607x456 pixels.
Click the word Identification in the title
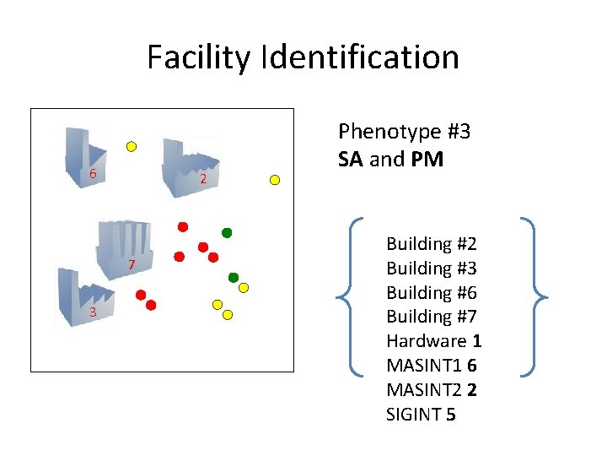[x=361, y=57]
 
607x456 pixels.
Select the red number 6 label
[x=94, y=174]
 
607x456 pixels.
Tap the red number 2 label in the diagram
[x=203, y=179]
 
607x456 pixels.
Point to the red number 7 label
[x=132, y=266]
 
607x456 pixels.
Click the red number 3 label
[x=93, y=312]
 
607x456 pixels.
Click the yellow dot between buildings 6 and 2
[x=132, y=146]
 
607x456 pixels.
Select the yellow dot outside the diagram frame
[x=274, y=179]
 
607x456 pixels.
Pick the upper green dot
[x=226, y=232]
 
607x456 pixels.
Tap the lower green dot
[x=234, y=277]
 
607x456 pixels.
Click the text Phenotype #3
[x=404, y=132]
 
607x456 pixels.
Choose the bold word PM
[x=427, y=159]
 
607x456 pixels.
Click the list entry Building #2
[x=432, y=244]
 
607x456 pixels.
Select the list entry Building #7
[x=432, y=317]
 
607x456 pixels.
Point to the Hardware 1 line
[x=433, y=341]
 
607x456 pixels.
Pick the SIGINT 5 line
[x=421, y=415]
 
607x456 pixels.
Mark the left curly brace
[x=350, y=296]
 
